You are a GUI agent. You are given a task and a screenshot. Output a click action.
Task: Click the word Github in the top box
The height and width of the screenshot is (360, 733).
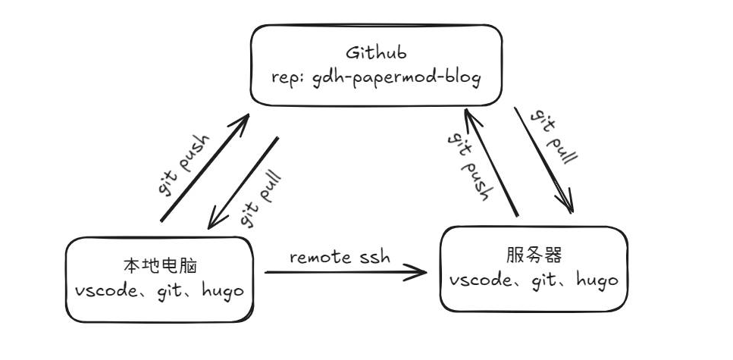[x=376, y=54]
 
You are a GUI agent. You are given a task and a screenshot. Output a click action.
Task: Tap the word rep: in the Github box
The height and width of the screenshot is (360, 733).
[x=288, y=77]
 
